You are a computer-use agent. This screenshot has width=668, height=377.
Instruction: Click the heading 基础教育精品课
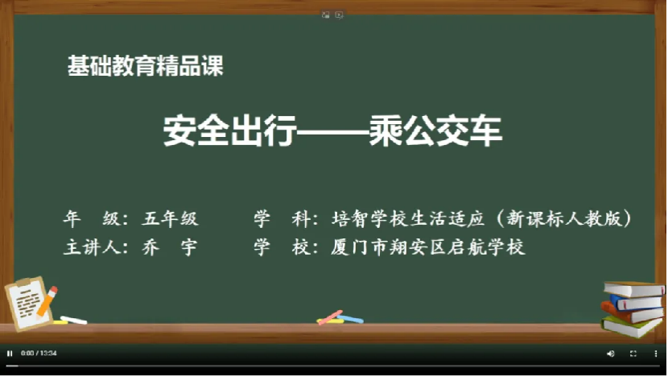click(x=146, y=66)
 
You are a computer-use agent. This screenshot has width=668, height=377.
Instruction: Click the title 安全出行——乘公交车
click(x=332, y=131)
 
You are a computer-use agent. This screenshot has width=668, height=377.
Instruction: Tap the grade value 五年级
click(x=170, y=219)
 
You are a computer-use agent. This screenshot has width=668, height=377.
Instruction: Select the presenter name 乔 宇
click(x=170, y=247)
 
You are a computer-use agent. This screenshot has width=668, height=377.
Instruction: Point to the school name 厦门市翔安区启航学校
click(x=427, y=247)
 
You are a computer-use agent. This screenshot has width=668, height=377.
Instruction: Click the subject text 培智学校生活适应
click(x=408, y=219)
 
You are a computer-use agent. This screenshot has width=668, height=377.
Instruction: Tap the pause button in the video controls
click(x=10, y=353)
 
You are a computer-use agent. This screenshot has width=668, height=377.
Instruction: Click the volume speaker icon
click(x=611, y=354)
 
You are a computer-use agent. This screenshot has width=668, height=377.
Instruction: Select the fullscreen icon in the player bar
click(x=633, y=354)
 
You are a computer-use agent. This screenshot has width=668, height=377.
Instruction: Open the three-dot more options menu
click(x=656, y=354)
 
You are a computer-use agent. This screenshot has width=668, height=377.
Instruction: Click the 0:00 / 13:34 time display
click(x=39, y=353)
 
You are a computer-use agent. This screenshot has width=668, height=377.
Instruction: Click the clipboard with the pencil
click(x=31, y=303)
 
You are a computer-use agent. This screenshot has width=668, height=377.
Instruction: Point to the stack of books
click(x=633, y=309)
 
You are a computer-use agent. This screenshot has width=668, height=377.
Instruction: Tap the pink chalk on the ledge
click(x=330, y=317)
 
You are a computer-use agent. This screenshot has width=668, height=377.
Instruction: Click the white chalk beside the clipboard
click(x=74, y=320)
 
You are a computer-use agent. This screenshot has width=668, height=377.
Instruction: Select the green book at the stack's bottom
click(x=632, y=327)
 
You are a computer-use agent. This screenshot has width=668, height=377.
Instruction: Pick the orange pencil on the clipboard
click(x=47, y=302)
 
